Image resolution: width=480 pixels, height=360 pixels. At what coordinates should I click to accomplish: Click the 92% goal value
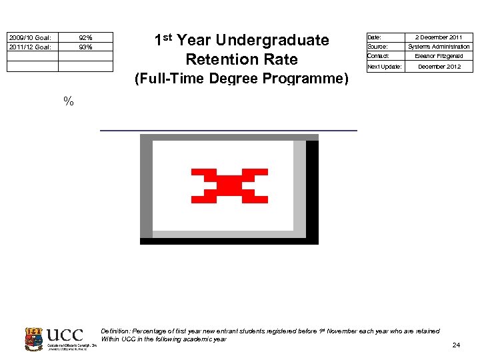pyautogui.click(x=85, y=37)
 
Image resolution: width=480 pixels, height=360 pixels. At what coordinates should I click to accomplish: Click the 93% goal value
pyautogui.click(x=85, y=47)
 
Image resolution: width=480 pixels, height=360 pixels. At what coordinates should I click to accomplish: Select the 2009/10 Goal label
pyautogui.click(x=29, y=37)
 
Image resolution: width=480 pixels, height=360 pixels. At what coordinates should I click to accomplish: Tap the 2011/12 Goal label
pyautogui.click(x=29, y=47)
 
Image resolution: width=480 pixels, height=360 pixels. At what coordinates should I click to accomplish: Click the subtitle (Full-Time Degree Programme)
pyautogui.click(x=241, y=79)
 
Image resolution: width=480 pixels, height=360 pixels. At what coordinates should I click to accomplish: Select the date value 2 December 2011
pyautogui.click(x=439, y=37)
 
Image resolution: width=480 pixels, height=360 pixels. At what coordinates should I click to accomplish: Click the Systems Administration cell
pyautogui.click(x=439, y=47)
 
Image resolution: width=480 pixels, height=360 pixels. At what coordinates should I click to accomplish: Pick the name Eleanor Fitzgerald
pyautogui.click(x=439, y=56)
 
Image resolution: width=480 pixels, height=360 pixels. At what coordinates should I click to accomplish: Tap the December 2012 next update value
pyautogui.click(x=439, y=67)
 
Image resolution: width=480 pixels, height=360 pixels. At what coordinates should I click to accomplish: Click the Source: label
pyautogui.click(x=377, y=47)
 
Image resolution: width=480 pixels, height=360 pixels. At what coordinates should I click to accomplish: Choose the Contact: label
pyautogui.click(x=378, y=56)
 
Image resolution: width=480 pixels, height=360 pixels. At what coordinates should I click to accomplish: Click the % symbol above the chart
pyautogui.click(x=68, y=101)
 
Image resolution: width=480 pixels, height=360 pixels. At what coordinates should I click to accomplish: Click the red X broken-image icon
pyautogui.click(x=229, y=185)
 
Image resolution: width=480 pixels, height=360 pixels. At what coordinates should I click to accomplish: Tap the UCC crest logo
pyautogui.click(x=33, y=339)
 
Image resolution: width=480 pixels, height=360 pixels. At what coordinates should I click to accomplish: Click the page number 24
pyautogui.click(x=456, y=345)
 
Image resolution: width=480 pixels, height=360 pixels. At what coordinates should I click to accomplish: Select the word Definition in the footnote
pyautogui.click(x=114, y=331)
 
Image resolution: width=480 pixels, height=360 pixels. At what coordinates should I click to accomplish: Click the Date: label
pyautogui.click(x=375, y=37)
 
